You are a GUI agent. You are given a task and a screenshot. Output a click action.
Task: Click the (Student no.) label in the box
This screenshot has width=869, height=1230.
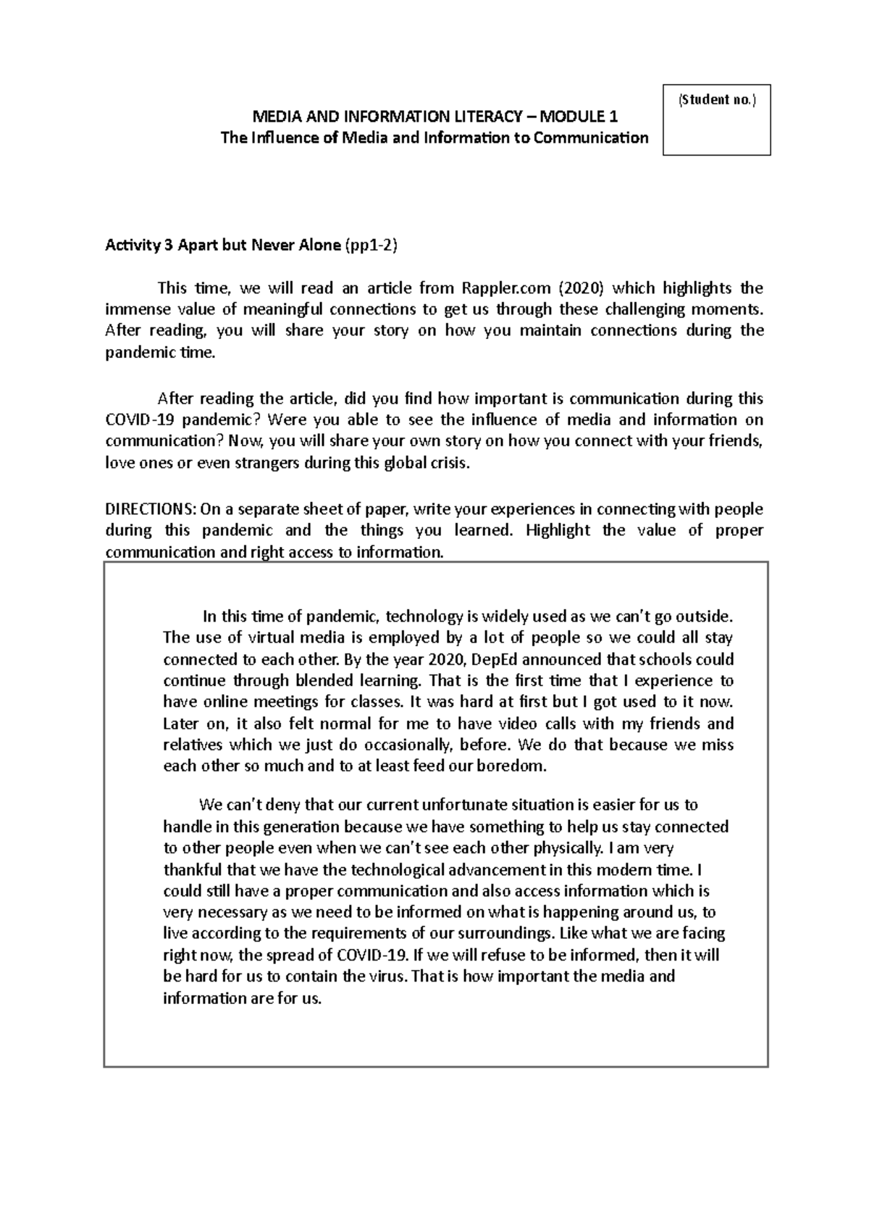(716, 100)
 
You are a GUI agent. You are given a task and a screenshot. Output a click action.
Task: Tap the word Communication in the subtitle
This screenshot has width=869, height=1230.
(591, 138)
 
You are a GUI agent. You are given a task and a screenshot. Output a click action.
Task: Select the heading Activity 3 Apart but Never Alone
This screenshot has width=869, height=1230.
(222, 245)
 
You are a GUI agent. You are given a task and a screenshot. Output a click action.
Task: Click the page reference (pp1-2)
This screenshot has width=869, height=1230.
(371, 245)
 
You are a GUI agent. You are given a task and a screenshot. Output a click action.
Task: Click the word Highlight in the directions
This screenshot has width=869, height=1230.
(558, 530)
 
